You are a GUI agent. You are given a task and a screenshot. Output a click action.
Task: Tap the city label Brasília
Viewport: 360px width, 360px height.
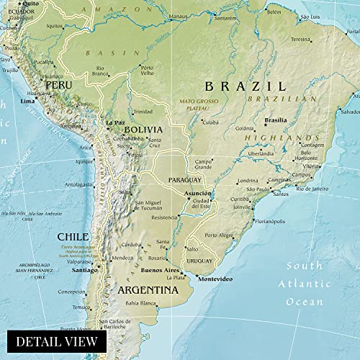(275, 120)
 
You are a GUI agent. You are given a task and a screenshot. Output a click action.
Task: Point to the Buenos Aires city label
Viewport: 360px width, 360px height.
(160, 270)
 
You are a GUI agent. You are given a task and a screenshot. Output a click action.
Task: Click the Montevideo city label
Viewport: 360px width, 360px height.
(217, 279)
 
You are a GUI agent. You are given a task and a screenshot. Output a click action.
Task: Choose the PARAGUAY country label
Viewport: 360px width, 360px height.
(184, 179)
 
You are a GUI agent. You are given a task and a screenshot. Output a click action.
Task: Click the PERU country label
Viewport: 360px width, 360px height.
(58, 85)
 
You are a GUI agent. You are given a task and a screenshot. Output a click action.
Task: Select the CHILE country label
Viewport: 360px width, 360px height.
(73, 236)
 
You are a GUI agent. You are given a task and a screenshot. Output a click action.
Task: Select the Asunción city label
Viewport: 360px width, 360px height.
(198, 194)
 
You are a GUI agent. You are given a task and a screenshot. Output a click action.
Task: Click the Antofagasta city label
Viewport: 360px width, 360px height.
(79, 184)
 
